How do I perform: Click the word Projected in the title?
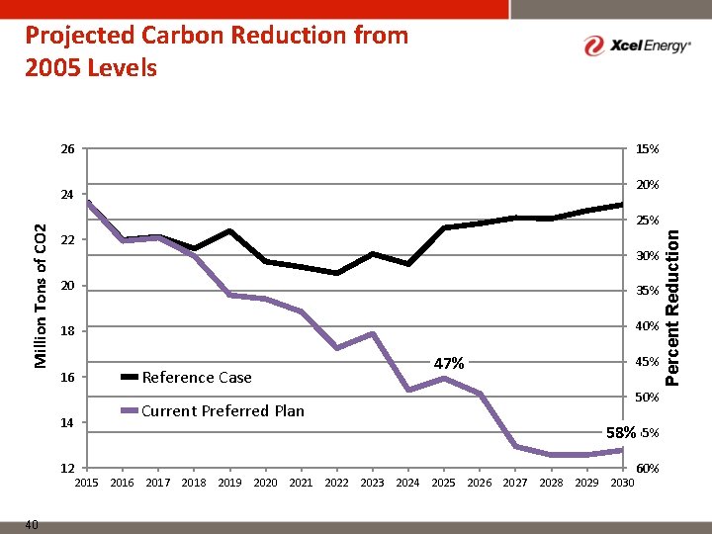point(80,36)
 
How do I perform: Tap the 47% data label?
point(449,363)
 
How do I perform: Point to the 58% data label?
point(621,432)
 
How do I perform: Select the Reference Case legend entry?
point(197,377)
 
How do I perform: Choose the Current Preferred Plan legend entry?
point(222,410)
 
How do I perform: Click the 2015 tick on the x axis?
point(86,483)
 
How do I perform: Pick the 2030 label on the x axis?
point(623,483)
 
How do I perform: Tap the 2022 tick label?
point(336,483)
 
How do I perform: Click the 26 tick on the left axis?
point(66,149)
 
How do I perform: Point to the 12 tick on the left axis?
point(66,468)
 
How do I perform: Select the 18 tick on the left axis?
point(66,331)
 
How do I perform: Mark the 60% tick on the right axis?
point(648,468)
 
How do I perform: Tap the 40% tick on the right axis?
point(648,326)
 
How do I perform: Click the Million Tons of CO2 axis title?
point(41,297)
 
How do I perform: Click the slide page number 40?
point(32,525)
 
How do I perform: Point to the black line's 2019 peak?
point(229,230)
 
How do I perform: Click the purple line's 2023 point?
point(372,334)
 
